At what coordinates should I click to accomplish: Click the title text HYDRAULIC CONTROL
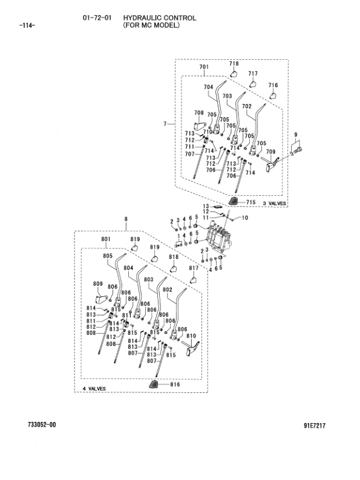(160, 18)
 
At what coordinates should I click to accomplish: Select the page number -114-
(27, 25)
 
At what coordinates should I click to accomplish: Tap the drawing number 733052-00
(42, 424)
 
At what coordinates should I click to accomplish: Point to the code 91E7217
(315, 426)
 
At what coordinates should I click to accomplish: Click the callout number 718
(234, 63)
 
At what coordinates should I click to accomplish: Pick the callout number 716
(273, 85)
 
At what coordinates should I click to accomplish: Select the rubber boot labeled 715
(234, 201)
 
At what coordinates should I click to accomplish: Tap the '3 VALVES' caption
(275, 203)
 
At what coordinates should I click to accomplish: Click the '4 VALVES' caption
(94, 389)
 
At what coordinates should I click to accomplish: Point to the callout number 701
(204, 66)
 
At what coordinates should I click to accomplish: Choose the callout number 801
(106, 239)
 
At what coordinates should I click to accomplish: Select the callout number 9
(296, 134)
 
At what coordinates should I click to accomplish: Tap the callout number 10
(245, 218)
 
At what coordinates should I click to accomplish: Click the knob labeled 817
(193, 280)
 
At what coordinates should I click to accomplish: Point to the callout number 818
(174, 257)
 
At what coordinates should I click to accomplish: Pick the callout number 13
(206, 206)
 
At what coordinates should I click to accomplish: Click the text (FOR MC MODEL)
(151, 25)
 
